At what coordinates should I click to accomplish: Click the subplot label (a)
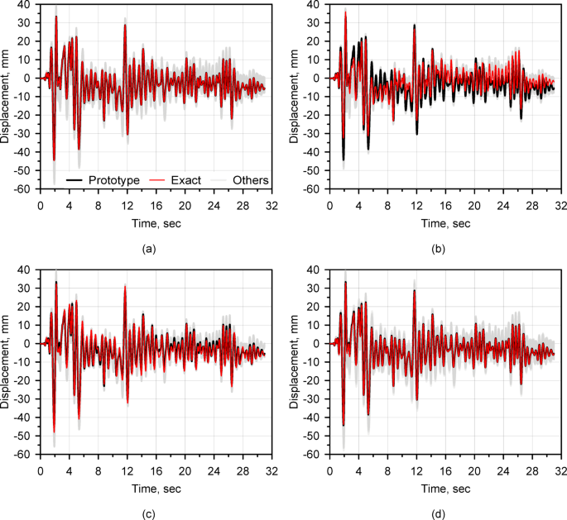tap(148, 247)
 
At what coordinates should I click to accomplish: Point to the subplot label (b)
tap(438, 247)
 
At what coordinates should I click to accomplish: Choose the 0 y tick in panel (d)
tap(321, 345)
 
